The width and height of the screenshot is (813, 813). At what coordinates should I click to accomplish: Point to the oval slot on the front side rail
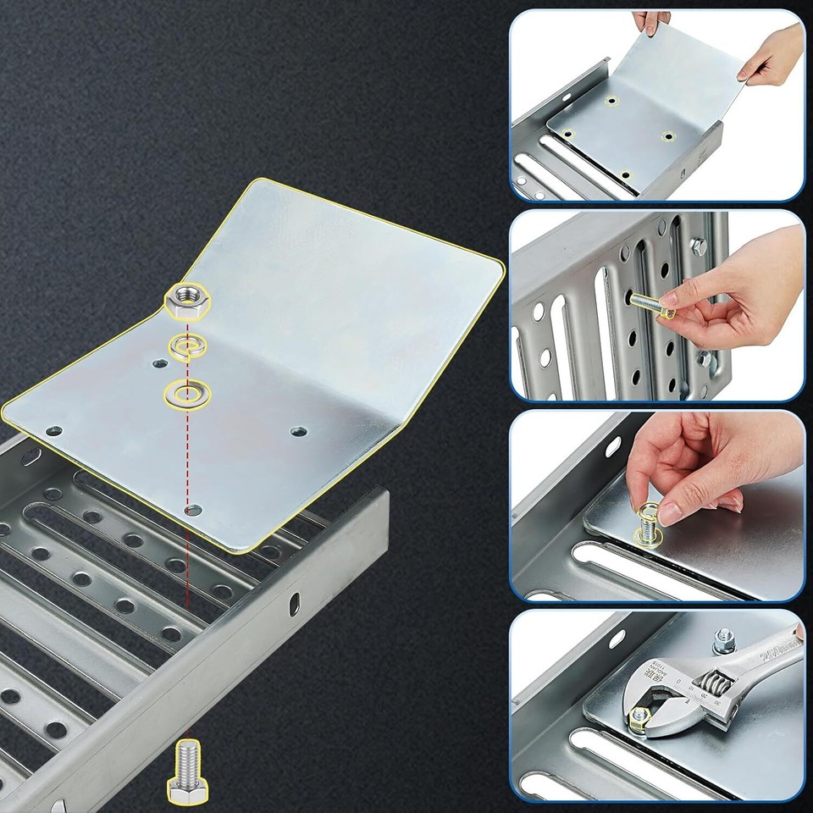pos(294,604)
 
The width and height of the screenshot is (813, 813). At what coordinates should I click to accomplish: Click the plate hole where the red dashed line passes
pos(194,511)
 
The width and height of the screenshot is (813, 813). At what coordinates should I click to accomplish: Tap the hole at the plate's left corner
pos(53,431)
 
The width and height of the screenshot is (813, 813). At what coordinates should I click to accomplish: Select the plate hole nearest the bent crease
pos(298,431)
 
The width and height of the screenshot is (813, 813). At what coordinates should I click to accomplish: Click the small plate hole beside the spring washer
pos(159,363)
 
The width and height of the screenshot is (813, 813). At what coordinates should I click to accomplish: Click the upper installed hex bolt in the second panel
pos(700,247)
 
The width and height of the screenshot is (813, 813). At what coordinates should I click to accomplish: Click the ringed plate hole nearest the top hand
pos(610,101)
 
